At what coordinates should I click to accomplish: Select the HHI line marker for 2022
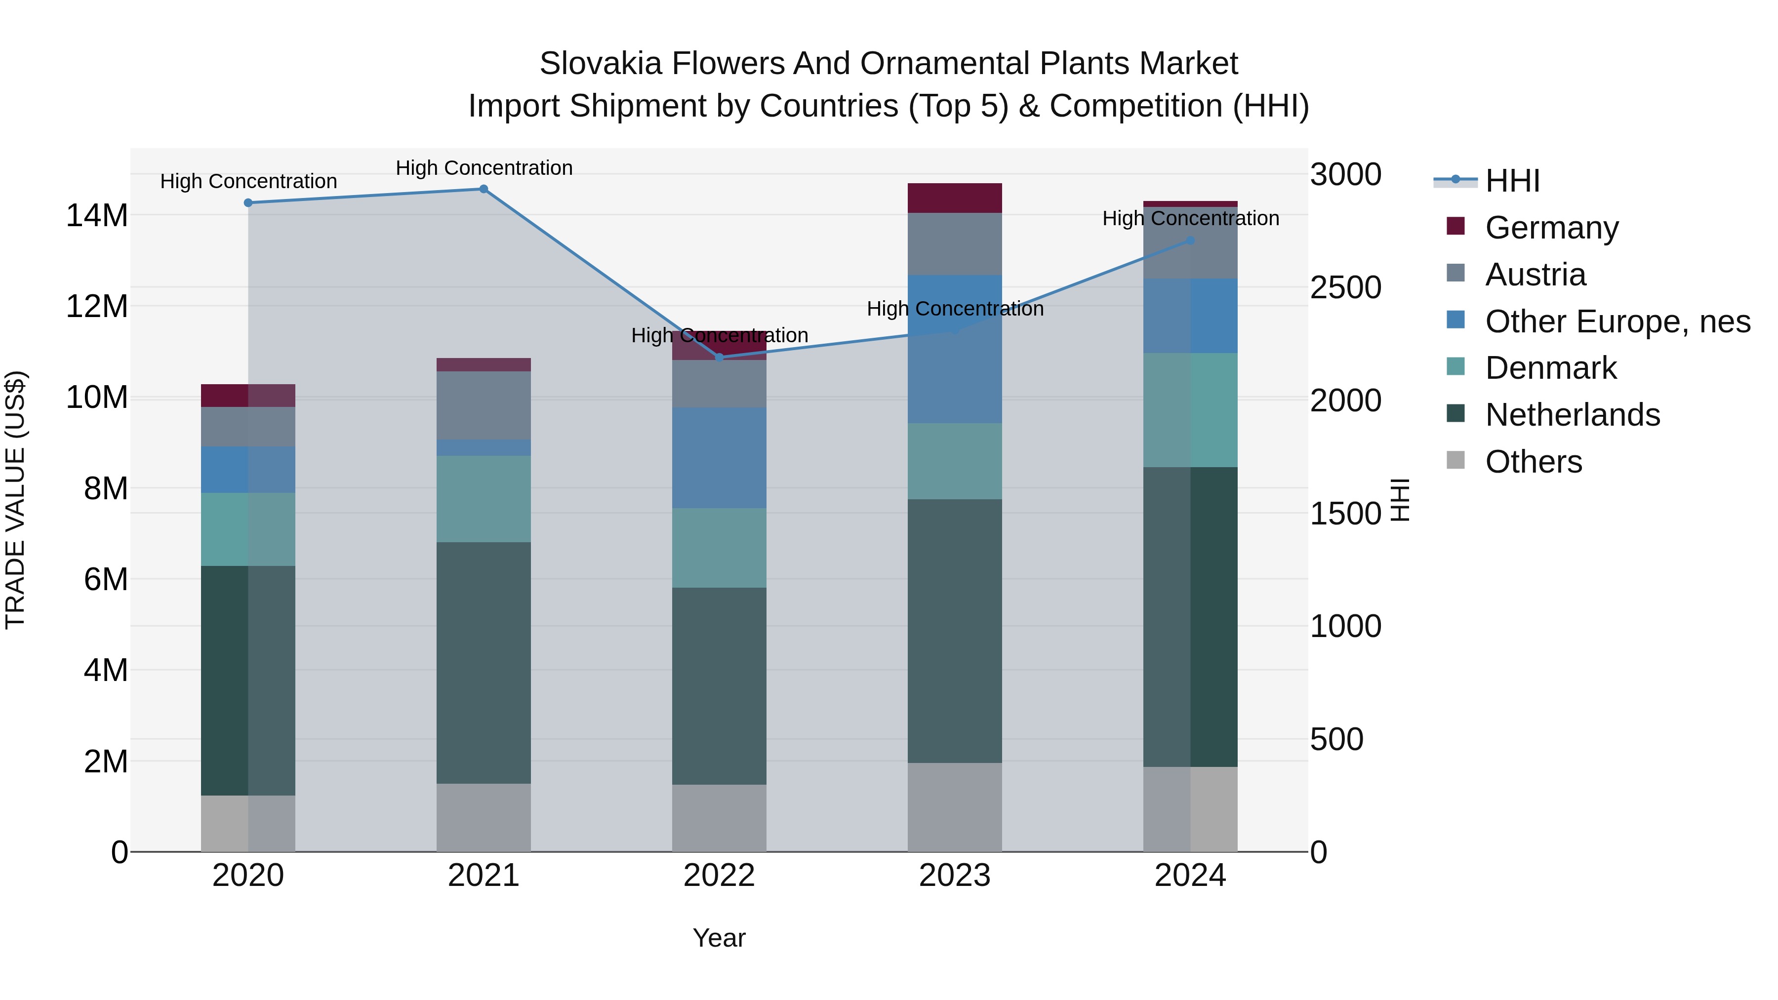[x=719, y=358]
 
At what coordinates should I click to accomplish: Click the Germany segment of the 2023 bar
[x=955, y=198]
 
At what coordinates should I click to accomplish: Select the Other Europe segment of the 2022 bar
[x=719, y=458]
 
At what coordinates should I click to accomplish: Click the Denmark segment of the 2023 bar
[x=955, y=461]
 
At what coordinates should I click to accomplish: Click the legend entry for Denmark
[x=1550, y=368]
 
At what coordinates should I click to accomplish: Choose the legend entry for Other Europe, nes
[x=1617, y=321]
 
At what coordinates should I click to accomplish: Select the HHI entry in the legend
[x=1512, y=181]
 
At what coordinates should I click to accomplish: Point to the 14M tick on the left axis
[x=97, y=215]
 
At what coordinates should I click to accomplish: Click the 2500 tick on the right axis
[x=1345, y=288]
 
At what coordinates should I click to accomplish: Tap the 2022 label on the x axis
[x=719, y=876]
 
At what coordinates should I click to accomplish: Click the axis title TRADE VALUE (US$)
[x=15, y=500]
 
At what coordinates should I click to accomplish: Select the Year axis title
[x=719, y=938]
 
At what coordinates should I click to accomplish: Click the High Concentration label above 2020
[x=248, y=182]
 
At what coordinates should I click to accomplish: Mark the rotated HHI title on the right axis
[x=1399, y=500]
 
